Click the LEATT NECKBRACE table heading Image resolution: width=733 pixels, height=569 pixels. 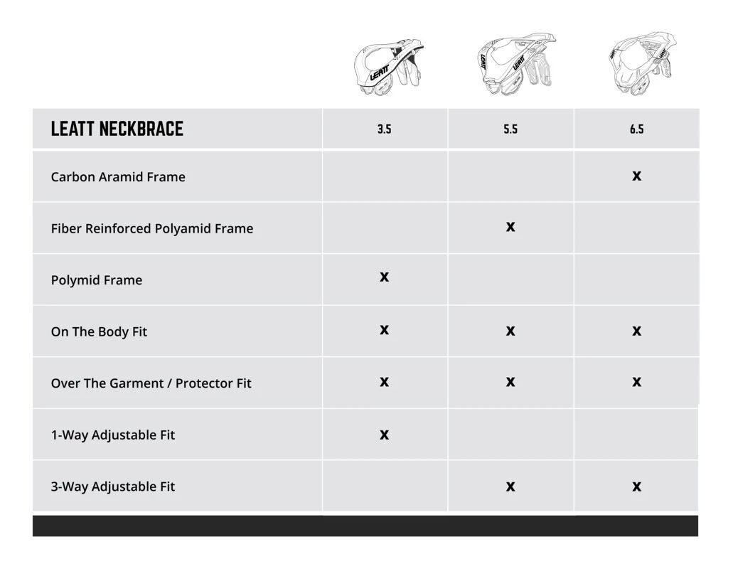click(x=117, y=129)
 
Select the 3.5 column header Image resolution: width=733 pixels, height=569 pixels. click(x=384, y=129)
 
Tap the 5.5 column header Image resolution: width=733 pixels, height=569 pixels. click(x=510, y=129)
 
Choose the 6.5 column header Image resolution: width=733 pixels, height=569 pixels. click(x=636, y=129)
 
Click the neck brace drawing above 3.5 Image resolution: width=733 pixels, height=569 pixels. click(x=387, y=68)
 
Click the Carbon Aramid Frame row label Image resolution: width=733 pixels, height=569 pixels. click(x=118, y=177)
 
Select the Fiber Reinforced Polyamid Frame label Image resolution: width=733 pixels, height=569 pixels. click(x=152, y=228)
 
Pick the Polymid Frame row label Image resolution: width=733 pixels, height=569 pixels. click(x=97, y=280)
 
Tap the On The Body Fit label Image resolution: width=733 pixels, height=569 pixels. click(x=99, y=331)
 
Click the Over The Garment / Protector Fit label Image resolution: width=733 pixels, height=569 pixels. click(x=151, y=383)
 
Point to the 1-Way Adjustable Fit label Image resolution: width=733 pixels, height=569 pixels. click(x=113, y=435)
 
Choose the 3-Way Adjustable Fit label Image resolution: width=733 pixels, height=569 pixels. click(x=113, y=486)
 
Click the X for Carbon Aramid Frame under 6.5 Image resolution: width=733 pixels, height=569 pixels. click(x=636, y=176)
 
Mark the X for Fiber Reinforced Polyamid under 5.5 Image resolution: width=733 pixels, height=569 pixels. click(x=510, y=227)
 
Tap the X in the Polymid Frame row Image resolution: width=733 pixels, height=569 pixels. click(x=384, y=277)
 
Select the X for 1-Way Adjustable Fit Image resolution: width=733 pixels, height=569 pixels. click(x=384, y=435)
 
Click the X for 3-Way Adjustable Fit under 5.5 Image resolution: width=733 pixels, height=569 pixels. click(x=510, y=486)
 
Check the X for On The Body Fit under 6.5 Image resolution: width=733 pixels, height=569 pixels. click(x=636, y=331)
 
